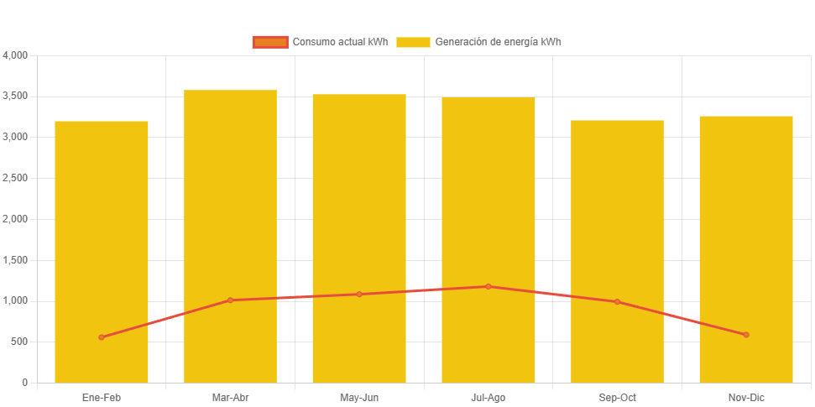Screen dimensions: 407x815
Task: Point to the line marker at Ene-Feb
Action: tap(102, 337)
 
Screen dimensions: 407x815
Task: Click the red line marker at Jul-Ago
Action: tap(488, 287)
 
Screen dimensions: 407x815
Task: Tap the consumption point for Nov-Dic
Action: tap(746, 335)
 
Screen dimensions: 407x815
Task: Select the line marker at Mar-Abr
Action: tap(230, 300)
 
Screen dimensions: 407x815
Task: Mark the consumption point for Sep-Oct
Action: tap(617, 302)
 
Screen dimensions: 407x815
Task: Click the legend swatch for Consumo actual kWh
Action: tap(269, 42)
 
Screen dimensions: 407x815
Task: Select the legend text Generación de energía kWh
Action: tap(498, 42)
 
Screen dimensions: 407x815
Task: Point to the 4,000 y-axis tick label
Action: tap(16, 55)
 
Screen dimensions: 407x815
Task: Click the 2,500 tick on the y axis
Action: tap(16, 178)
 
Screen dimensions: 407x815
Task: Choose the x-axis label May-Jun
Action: tap(359, 397)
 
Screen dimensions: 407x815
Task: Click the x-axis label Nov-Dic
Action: tap(746, 397)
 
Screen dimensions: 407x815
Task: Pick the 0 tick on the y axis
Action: tap(25, 383)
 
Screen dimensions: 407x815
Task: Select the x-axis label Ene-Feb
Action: tap(102, 397)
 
